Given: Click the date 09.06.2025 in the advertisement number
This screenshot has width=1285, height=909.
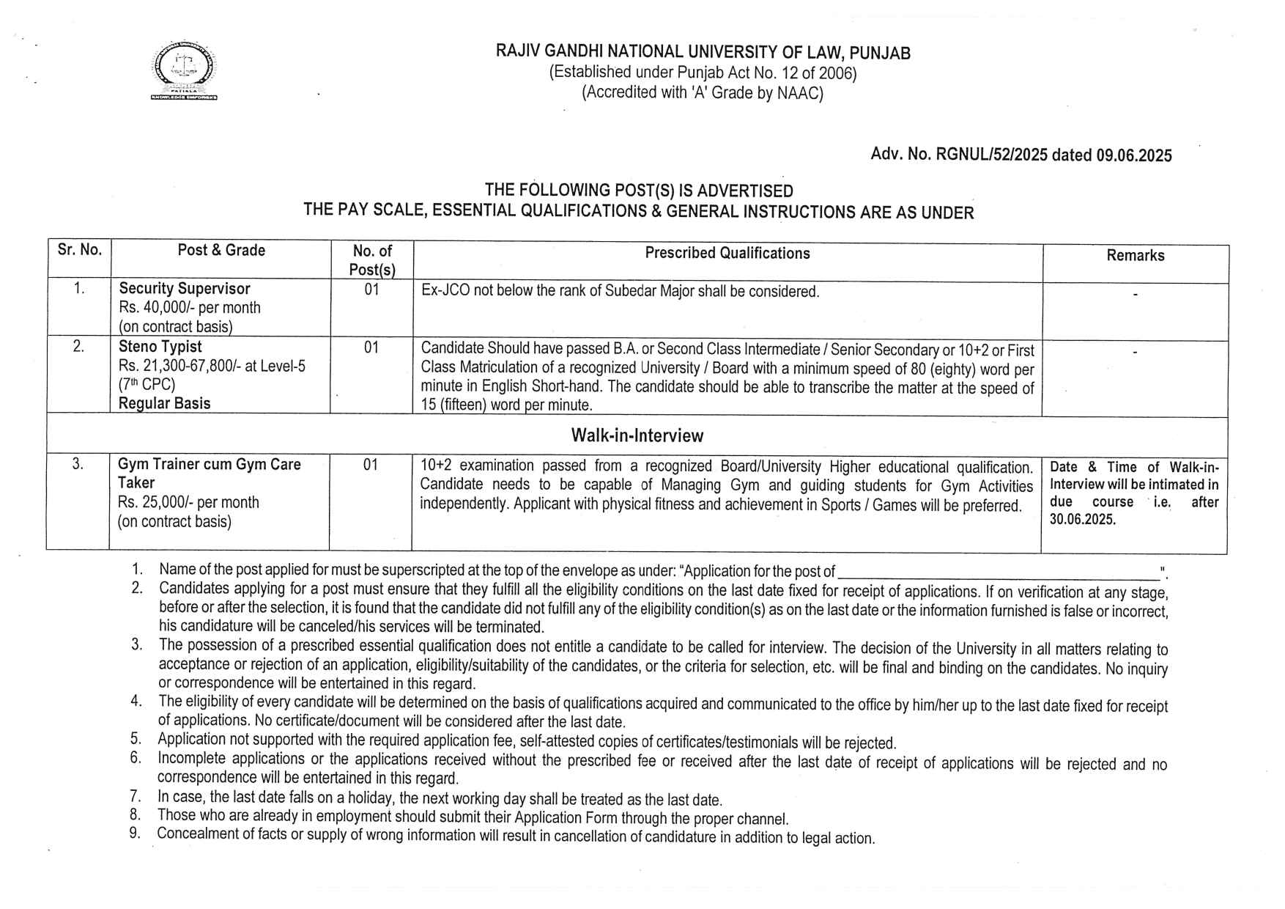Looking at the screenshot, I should point(1134,155).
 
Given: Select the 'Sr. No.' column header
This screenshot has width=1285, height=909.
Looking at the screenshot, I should point(79,250).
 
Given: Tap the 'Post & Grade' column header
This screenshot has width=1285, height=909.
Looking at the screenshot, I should point(221,251).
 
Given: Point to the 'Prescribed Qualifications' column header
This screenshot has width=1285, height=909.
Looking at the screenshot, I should point(727,254).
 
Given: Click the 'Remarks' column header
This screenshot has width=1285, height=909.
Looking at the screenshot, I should point(1135,256).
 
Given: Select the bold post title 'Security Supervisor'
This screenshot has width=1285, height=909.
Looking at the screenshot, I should point(185,289).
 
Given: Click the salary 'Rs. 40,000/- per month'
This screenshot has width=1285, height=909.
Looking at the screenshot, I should point(190,308).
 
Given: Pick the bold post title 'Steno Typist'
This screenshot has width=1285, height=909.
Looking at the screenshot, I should point(160,347).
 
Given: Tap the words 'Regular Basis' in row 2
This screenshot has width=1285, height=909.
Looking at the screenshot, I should point(164,403).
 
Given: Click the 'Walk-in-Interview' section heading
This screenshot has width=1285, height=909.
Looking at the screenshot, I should point(637,436).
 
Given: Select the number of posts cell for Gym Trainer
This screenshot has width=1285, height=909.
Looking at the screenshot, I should point(371,465).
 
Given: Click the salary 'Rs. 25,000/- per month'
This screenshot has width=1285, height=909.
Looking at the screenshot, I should point(188,503).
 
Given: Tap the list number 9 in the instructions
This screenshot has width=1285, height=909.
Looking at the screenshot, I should point(135,833).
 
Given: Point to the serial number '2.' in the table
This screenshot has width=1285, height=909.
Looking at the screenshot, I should point(78,347).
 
